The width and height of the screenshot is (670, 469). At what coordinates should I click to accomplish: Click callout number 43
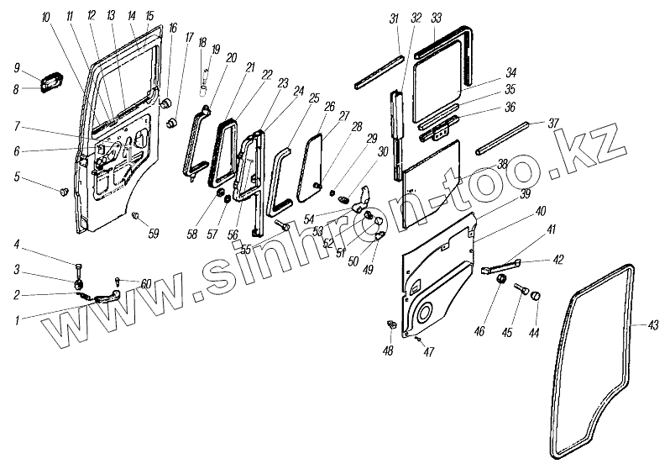(x=654, y=324)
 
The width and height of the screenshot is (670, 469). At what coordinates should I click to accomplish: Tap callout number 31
(x=394, y=18)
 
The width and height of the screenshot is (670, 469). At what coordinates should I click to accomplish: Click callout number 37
(x=552, y=123)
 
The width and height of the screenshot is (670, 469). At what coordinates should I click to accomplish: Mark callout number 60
(x=147, y=284)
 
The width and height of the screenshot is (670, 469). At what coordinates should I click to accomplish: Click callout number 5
(x=18, y=177)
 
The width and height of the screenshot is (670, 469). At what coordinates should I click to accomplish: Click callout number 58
(x=192, y=233)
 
